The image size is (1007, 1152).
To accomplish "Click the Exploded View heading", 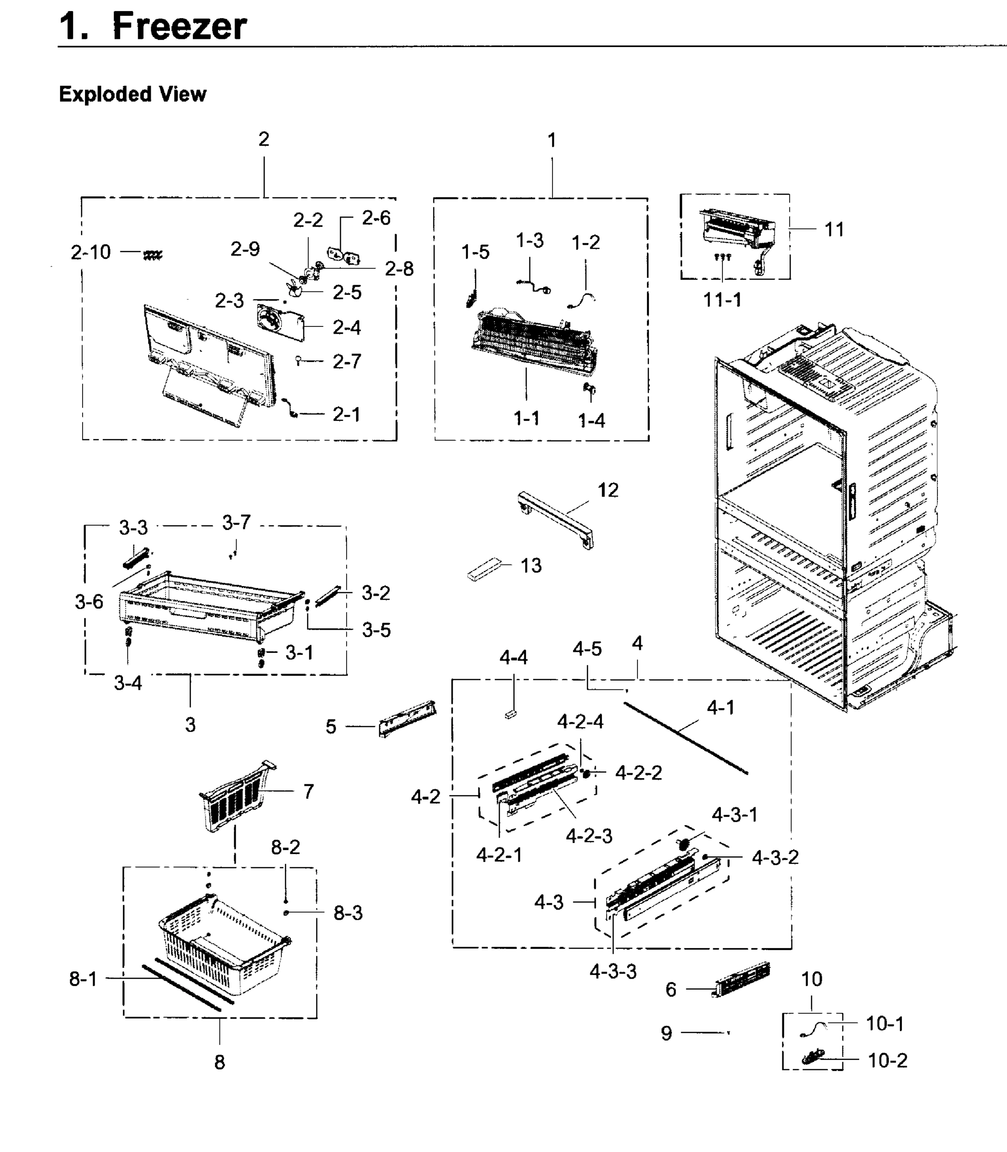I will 132,94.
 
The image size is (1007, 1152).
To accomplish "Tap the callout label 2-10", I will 90,252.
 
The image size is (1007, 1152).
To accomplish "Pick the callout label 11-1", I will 722,300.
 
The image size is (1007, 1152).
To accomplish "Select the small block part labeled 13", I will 483,570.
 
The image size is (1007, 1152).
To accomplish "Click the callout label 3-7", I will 236,523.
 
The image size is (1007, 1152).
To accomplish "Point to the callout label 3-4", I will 128,683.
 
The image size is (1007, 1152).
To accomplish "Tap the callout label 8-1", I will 83,979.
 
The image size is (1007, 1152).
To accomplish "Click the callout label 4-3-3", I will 612,971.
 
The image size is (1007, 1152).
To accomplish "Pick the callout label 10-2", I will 887,1060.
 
